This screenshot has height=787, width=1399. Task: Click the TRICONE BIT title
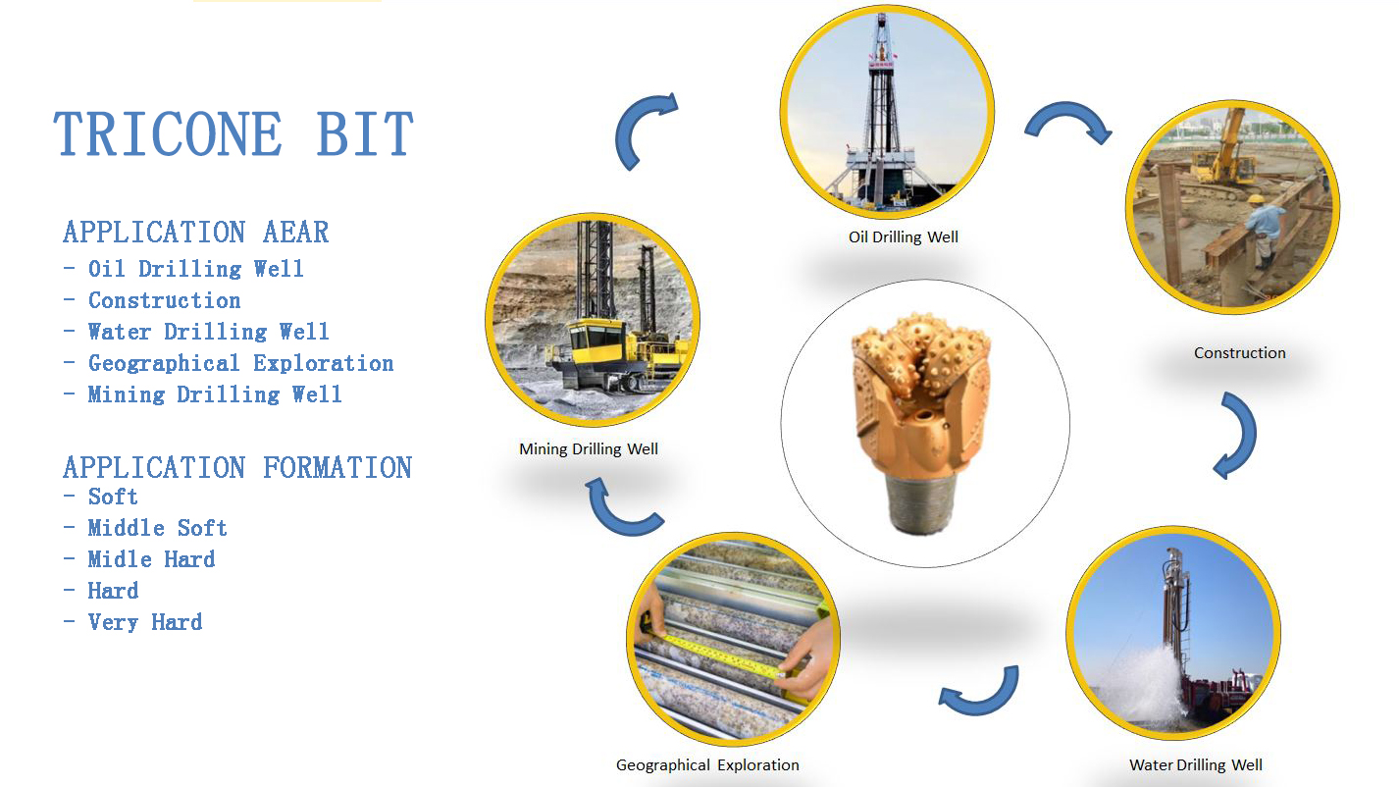click(233, 133)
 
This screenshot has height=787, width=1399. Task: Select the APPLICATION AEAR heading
click(195, 233)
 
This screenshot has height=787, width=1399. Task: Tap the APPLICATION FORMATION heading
click(237, 467)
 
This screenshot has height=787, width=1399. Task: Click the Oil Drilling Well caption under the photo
click(904, 237)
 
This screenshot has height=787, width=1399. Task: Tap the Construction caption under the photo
click(1240, 353)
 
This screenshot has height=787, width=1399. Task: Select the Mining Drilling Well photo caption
click(589, 449)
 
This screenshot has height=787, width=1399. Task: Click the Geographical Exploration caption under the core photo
click(707, 765)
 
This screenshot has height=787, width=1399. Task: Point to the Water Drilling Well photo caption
click(1195, 765)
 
